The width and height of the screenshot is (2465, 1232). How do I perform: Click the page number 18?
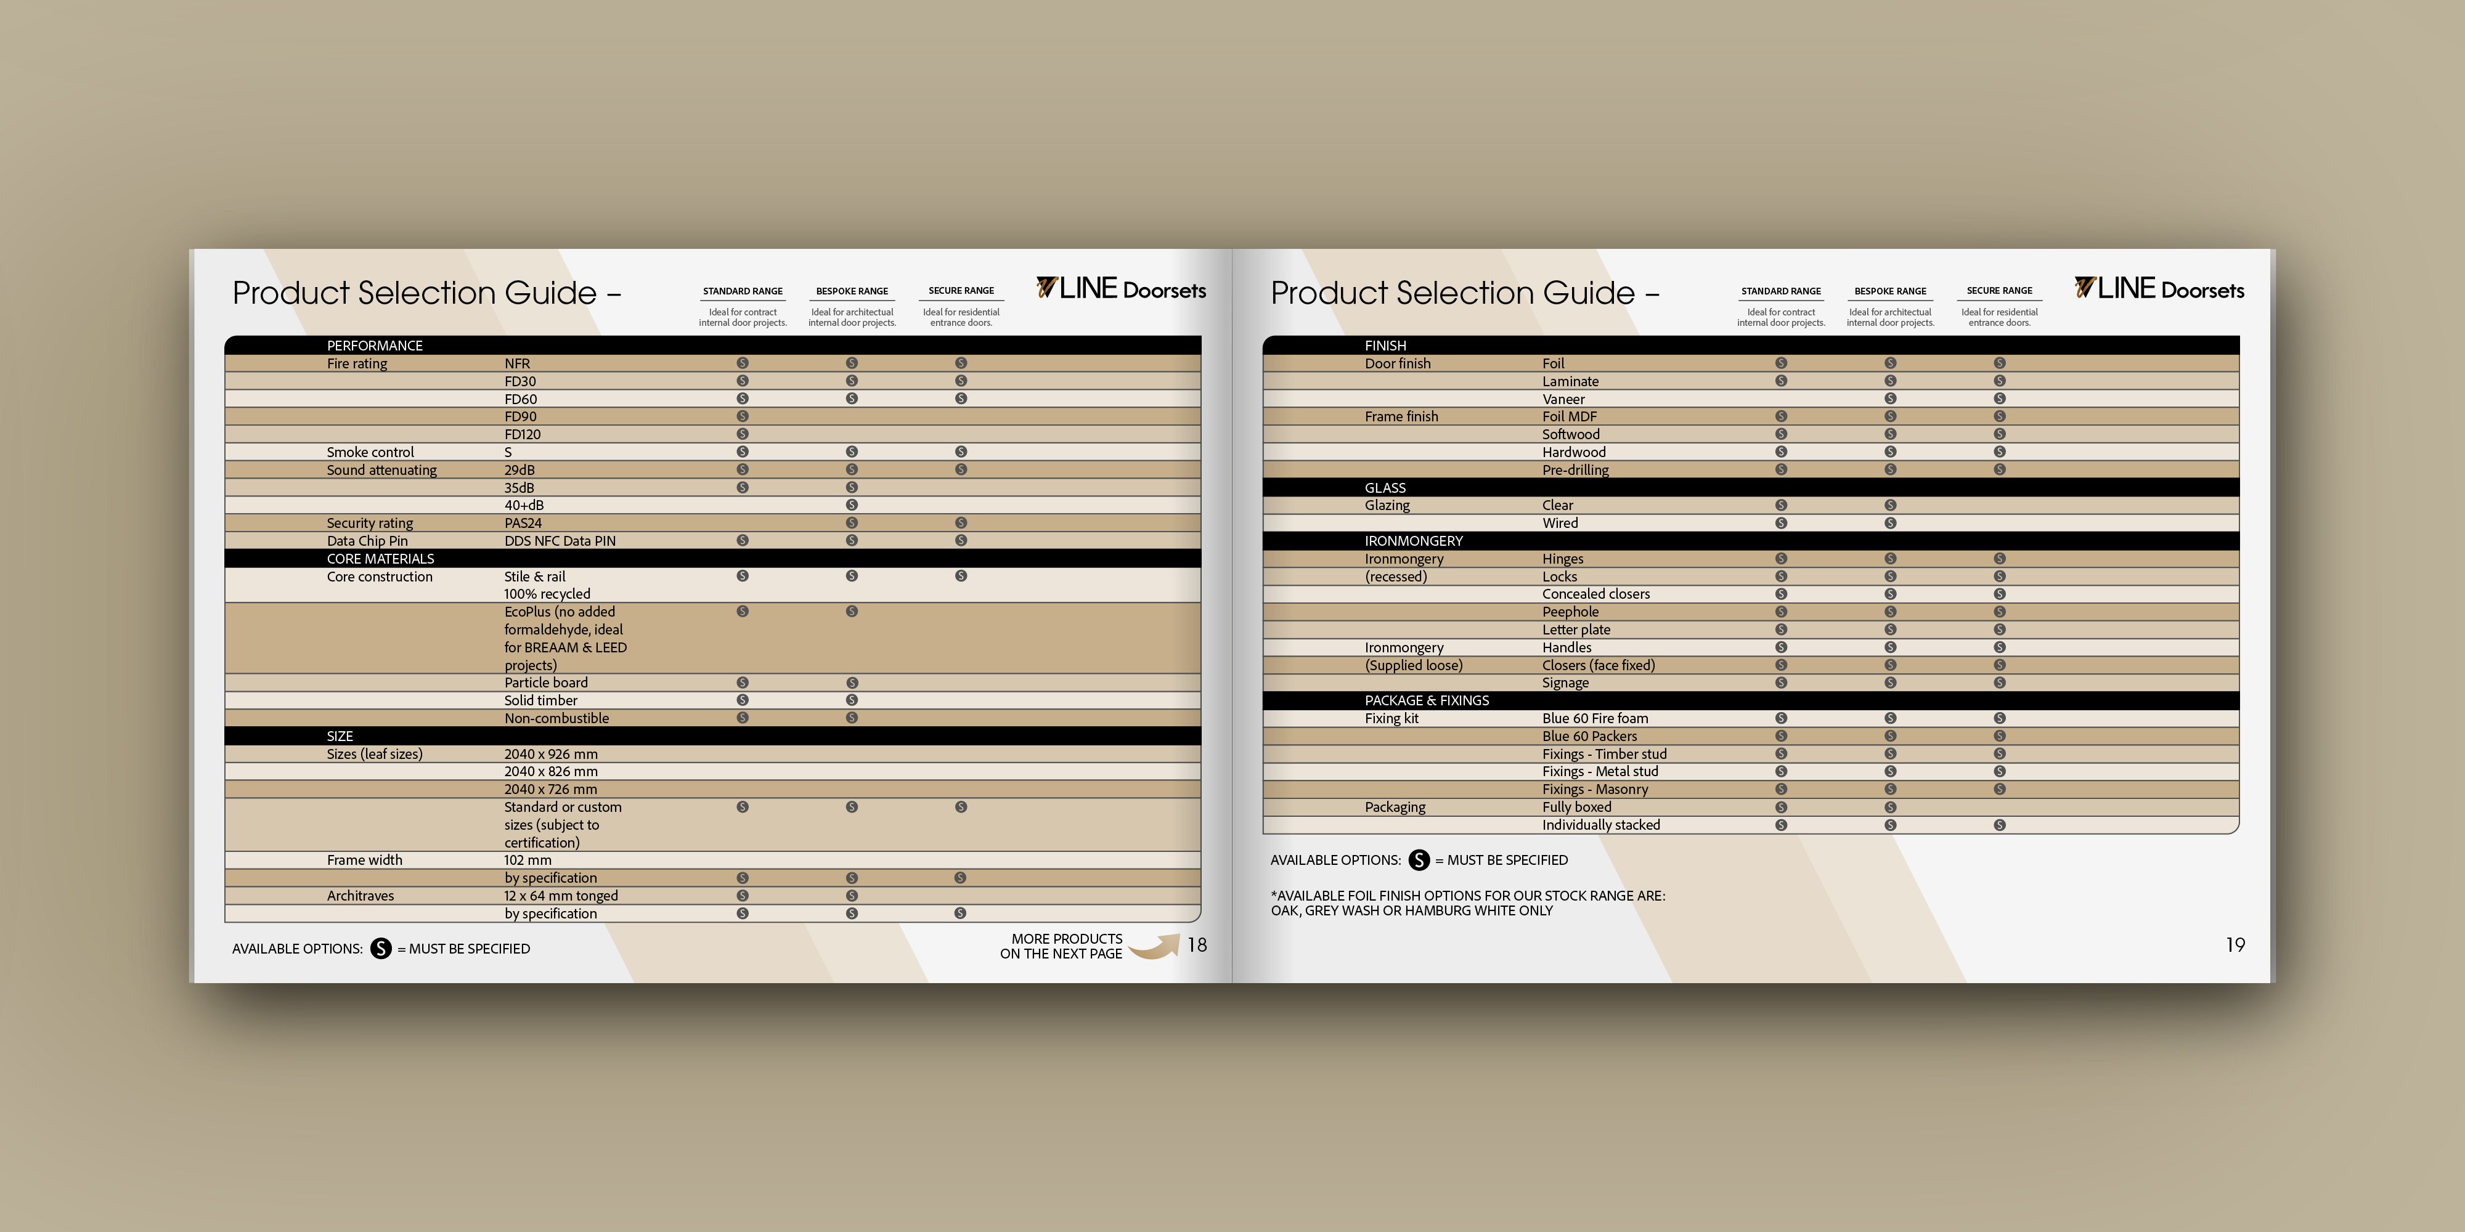(1197, 945)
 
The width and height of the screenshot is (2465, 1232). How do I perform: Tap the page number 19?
(2235, 945)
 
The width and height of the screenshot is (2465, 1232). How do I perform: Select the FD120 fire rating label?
(523, 434)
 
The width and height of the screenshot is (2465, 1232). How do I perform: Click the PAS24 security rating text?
(523, 523)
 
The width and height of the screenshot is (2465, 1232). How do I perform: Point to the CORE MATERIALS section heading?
(380, 559)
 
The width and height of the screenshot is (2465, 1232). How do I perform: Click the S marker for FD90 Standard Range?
(743, 416)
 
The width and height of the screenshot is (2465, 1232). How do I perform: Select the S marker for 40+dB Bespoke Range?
(852, 505)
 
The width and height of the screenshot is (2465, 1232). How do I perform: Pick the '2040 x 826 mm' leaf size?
(550, 771)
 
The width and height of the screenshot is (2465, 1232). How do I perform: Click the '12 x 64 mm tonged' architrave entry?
(561, 895)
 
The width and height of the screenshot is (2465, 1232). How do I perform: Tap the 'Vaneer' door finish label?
(1563, 399)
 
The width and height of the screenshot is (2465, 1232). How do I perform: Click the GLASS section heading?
(1385, 488)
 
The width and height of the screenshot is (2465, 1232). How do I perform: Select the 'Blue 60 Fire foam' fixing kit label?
(1595, 718)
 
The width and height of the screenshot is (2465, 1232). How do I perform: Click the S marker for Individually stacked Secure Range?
(2000, 825)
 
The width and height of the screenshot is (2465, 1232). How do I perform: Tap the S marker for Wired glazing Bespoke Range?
(1890, 523)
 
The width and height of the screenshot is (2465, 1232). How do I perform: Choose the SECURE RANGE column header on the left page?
(961, 291)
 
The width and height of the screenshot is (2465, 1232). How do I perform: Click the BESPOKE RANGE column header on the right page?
(1890, 291)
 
